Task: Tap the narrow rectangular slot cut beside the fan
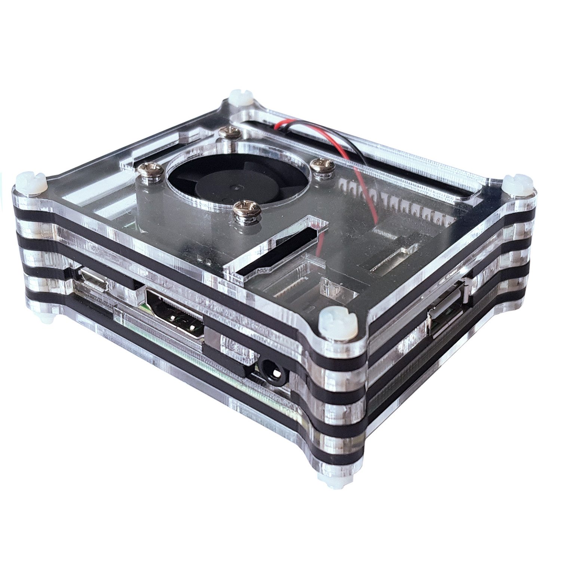tap(277, 247)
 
